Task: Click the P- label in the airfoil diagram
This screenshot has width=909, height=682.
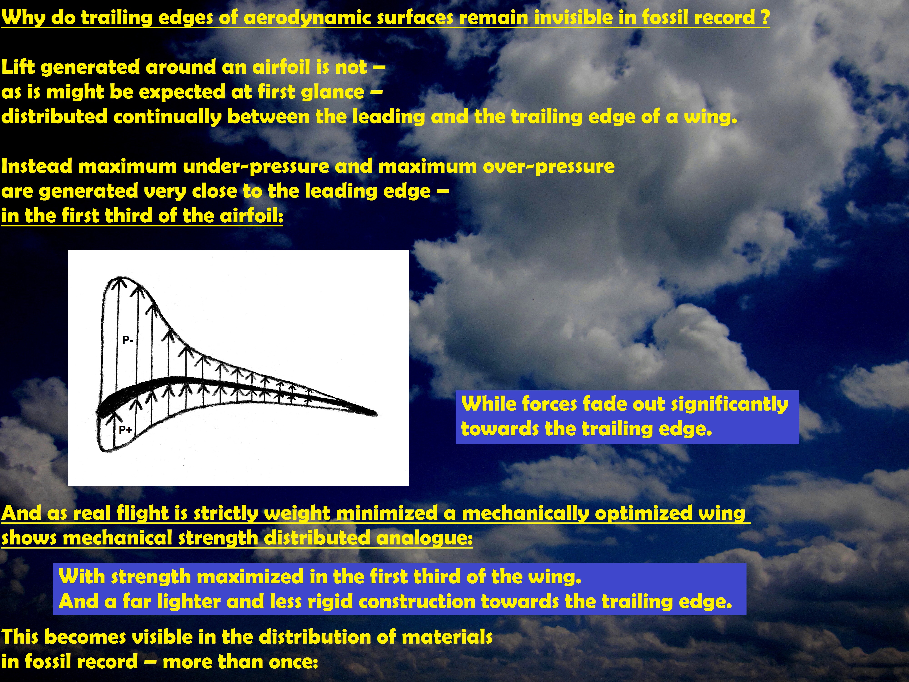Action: tap(128, 340)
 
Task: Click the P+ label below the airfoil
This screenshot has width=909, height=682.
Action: tap(125, 430)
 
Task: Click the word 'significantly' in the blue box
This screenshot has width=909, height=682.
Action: tap(730, 404)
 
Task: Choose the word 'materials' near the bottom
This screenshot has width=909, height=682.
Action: tap(447, 637)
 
